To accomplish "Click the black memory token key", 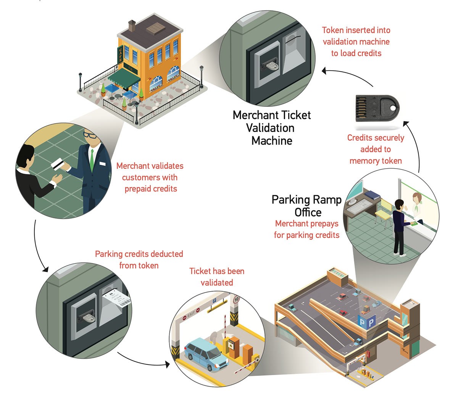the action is pyautogui.click(x=377, y=108).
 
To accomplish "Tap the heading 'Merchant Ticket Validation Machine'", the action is pyautogui.click(x=271, y=128).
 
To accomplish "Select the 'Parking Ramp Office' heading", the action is pyautogui.click(x=307, y=206).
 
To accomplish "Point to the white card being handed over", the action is pyautogui.click(x=56, y=164).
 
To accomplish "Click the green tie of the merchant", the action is pyautogui.click(x=92, y=160).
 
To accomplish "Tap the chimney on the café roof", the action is pyautogui.click(x=132, y=26).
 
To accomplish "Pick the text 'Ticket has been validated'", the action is pyautogui.click(x=217, y=277).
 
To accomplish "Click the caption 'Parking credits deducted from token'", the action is pyautogui.click(x=139, y=259).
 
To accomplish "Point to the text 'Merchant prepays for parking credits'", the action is pyautogui.click(x=307, y=229).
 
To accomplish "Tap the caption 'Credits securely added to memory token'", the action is pyautogui.click(x=376, y=149).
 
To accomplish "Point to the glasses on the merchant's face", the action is pyautogui.click(x=90, y=135).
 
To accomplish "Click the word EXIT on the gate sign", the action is pyautogui.click(x=191, y=315).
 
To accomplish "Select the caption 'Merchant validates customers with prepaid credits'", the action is pyautogui.click(x=150, y=177).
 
